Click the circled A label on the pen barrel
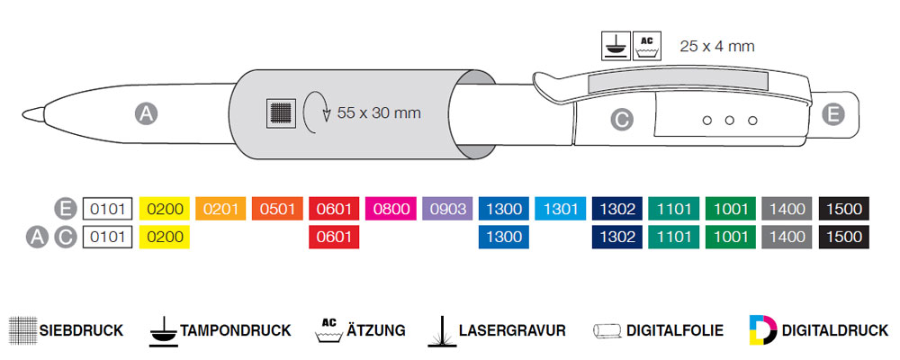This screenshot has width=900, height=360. [146, 113]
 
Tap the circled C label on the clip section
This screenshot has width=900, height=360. [622, 118]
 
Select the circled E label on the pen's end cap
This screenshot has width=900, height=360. [832, 114]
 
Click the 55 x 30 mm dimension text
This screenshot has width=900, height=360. [379, 113]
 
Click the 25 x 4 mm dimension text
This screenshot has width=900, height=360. [716, 46]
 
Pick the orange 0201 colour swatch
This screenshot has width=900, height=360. [220, 210]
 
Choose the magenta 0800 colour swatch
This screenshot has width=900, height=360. [391, 210]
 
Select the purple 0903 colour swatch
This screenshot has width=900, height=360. [447, 210]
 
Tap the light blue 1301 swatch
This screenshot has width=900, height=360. [560, 210]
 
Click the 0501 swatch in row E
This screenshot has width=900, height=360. [277, 210]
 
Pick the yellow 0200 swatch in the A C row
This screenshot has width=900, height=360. [165, 238]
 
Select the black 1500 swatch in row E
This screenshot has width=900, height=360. [844, 210]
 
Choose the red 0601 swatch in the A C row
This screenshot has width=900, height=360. [334, 238]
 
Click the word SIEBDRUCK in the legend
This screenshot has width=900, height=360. [80, 330]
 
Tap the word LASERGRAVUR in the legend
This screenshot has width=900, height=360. [511, 330]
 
